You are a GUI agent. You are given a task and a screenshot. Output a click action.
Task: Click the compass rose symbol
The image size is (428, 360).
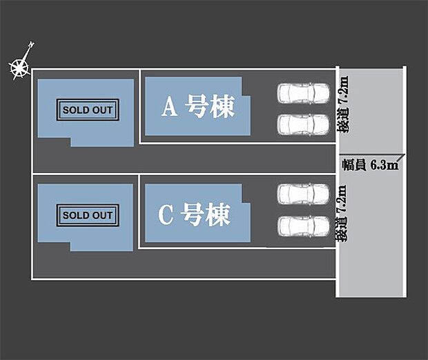[x=19, y=68]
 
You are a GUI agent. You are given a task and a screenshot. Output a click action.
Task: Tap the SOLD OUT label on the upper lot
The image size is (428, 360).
[x=87, y=110]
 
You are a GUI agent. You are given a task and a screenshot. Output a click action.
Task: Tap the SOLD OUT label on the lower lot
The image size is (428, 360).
[x=87, y=215]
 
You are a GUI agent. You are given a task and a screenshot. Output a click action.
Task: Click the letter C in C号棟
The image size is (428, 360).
[x=166, y=215]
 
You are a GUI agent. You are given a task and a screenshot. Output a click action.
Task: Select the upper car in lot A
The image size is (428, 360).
[x=304, y=92]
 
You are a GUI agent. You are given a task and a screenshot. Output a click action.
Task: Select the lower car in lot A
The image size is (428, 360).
[x=304, y=123]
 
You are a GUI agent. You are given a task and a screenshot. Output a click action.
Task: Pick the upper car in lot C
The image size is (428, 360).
[x=304, y=194]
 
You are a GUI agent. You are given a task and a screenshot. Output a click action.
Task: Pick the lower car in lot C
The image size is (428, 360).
[x=304, y=226]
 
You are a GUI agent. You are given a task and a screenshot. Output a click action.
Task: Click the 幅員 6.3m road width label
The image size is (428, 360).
[x=369, y=165]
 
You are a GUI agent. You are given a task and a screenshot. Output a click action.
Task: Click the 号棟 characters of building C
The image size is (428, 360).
[x=206, y=215]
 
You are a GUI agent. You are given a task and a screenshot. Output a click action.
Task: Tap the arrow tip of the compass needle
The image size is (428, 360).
[x=32, y=44]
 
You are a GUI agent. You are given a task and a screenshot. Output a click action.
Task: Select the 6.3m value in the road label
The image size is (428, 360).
[x=385, y=165]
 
